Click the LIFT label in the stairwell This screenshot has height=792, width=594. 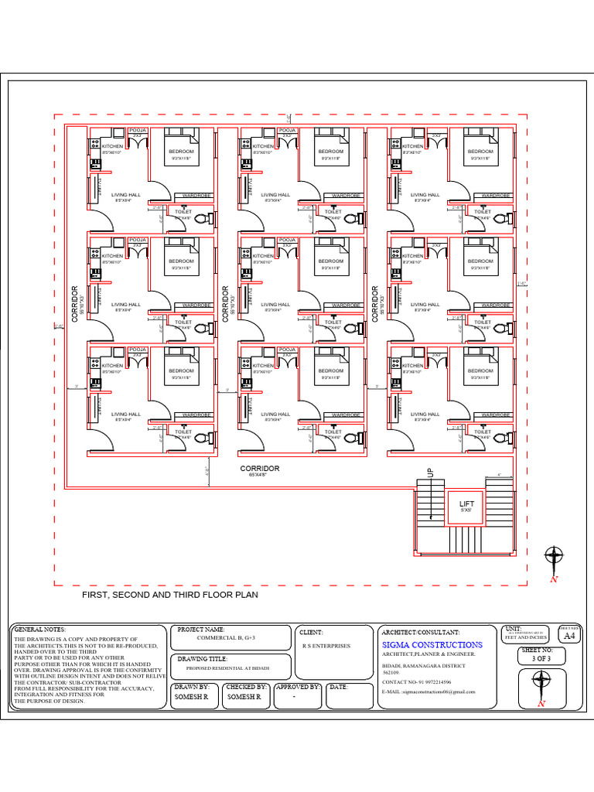click(467, 504)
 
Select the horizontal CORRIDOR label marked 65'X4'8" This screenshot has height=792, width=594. click(260, 469)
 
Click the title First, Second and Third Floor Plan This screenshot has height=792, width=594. click(170, 596)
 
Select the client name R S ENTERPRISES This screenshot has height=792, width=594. click(326, 645)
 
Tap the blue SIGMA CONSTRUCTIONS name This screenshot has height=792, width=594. click(432, 644)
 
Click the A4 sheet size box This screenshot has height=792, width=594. click(569, 636)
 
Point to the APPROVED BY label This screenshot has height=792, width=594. click(298, 687)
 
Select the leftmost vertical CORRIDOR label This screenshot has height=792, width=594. click(75, 304)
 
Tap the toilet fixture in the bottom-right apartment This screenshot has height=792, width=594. click(500, 438)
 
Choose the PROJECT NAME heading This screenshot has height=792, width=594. click(201, 630)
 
